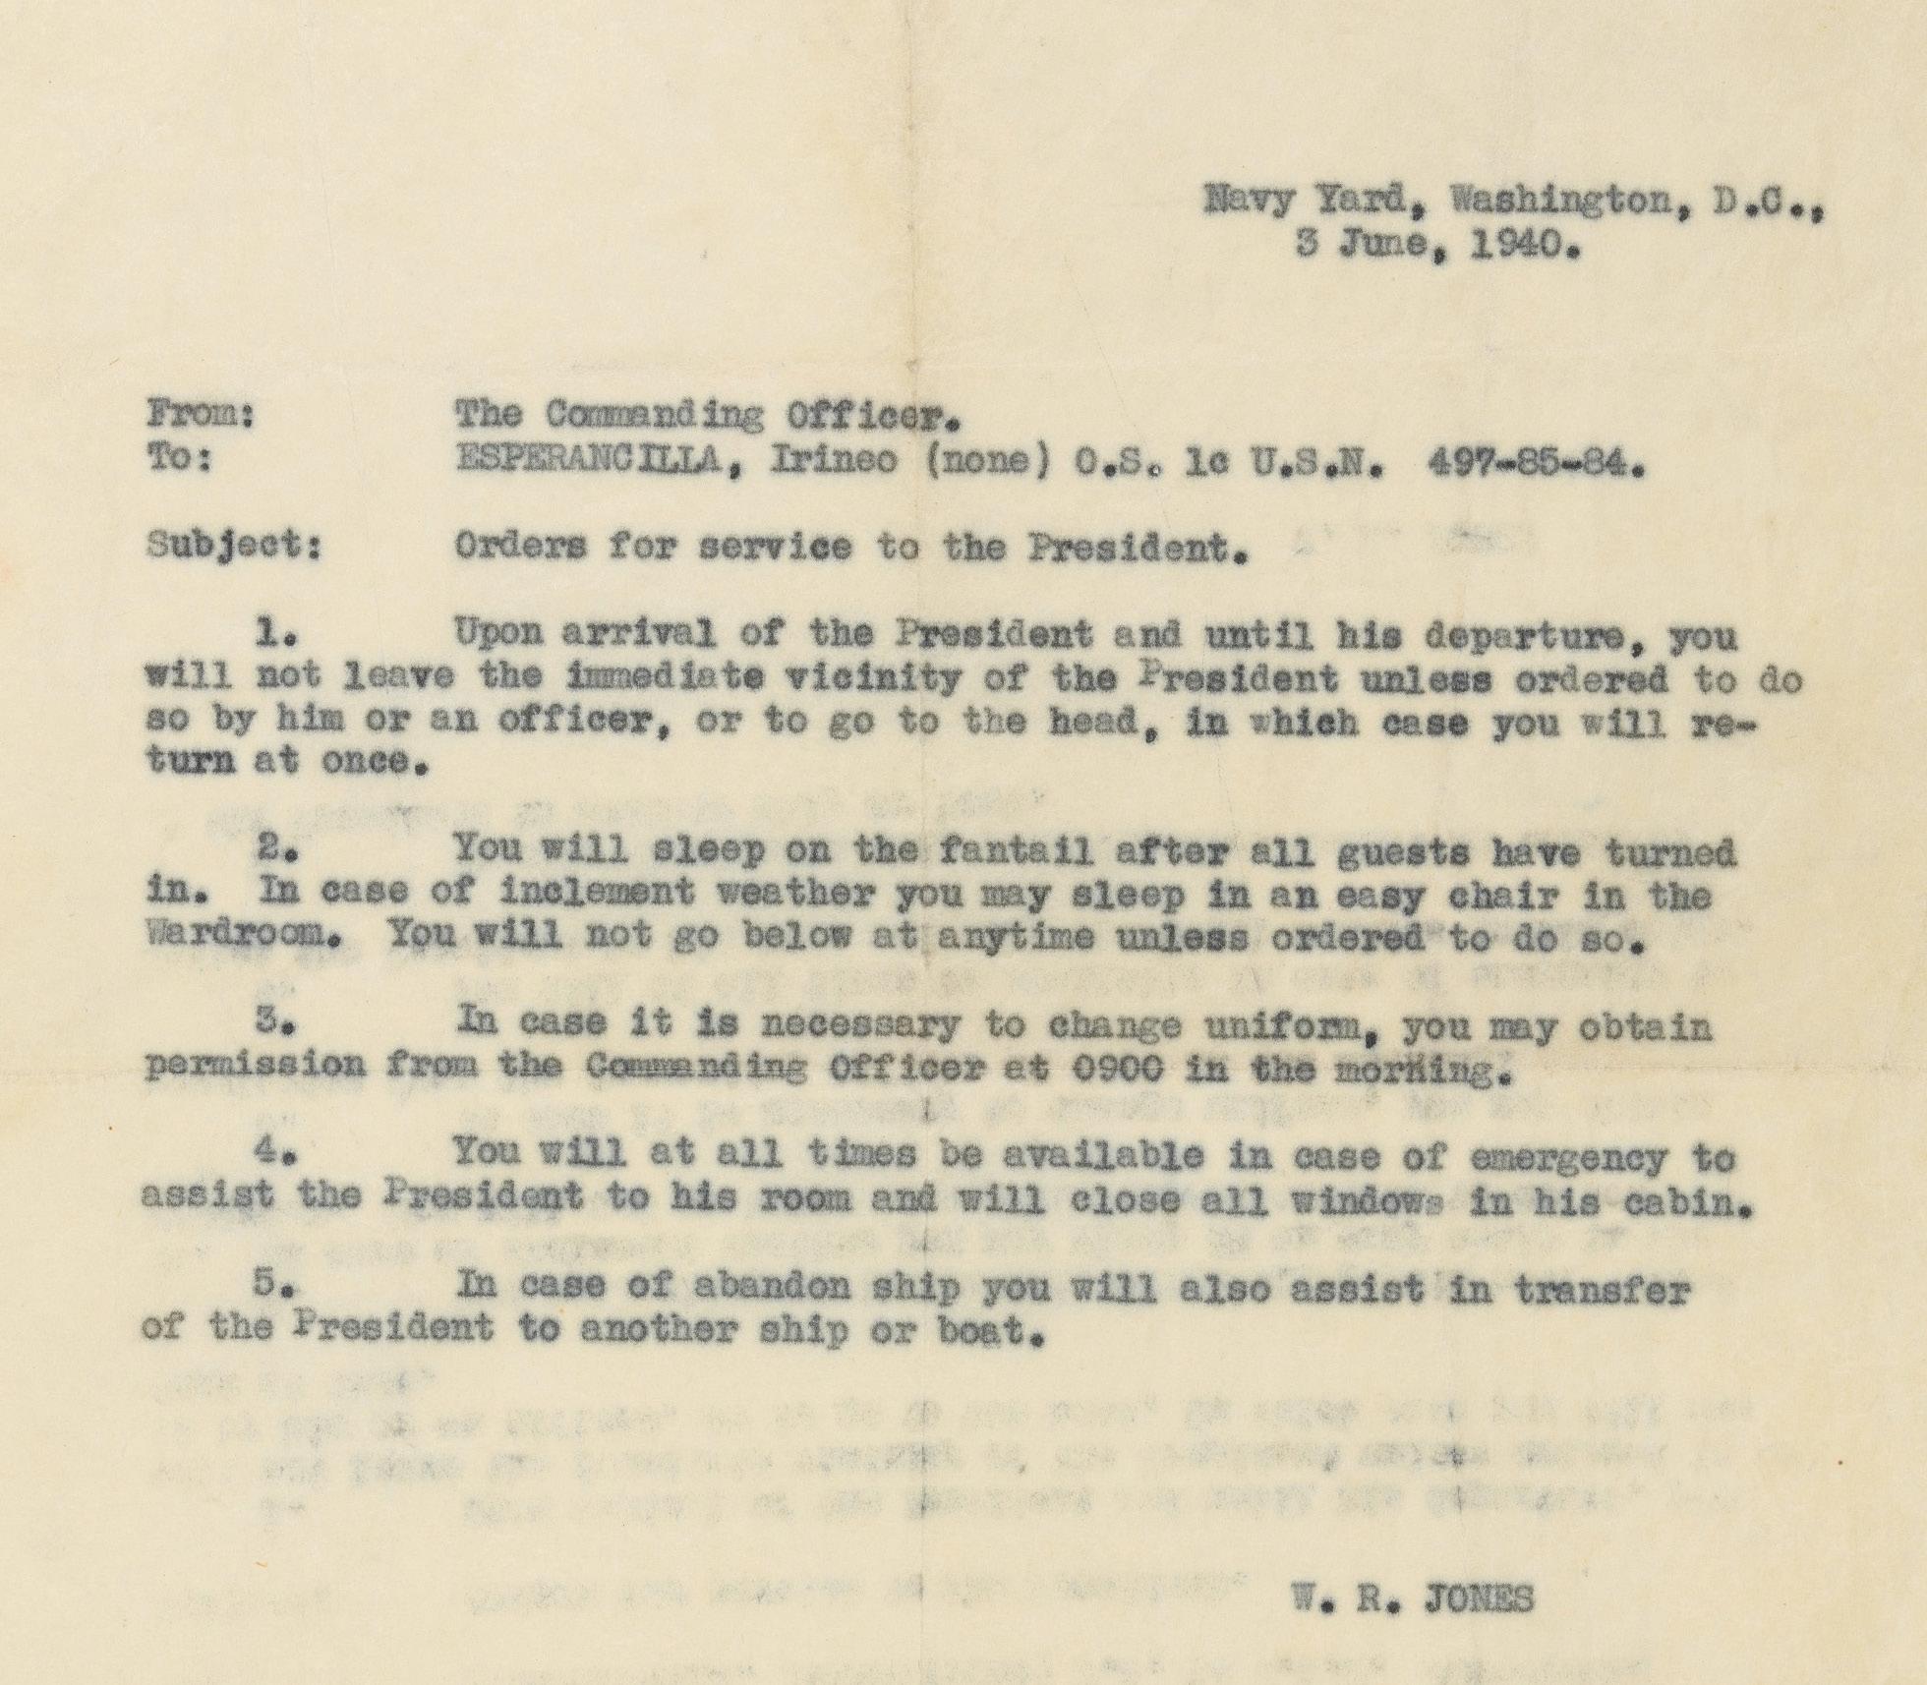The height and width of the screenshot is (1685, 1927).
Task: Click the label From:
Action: tap(201, 416)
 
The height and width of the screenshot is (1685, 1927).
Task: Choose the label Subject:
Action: tap(234, 546)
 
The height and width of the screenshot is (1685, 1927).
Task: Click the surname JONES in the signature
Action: tap(1470, 1598)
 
